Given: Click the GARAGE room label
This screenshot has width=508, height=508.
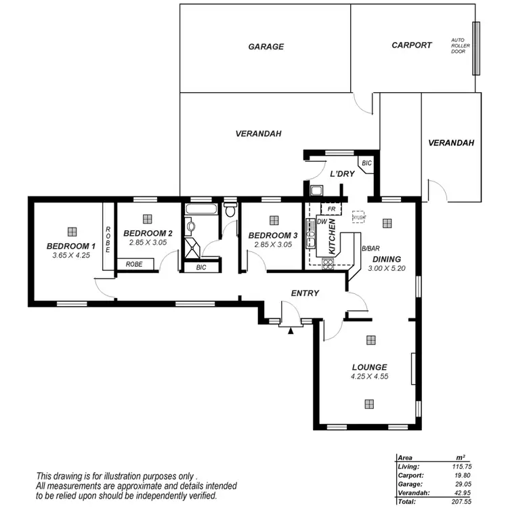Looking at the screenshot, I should point(266,47).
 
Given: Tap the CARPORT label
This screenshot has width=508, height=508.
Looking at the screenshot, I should point(411,45).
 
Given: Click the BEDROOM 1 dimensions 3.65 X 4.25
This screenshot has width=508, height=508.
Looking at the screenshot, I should point(70,255).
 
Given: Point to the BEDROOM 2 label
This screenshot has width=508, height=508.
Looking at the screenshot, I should point(148,233).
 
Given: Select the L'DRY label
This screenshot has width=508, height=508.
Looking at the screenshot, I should point(342,174).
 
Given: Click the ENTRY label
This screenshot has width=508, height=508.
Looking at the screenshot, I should point(305,293).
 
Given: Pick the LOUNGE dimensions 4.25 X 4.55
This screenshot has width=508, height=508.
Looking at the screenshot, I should point(369,376).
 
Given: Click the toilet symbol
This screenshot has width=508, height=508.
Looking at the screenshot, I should point(231,211).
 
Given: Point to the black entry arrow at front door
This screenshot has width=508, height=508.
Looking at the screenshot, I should point(290,331).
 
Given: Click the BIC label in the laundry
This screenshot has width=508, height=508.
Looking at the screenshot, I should point(366,164).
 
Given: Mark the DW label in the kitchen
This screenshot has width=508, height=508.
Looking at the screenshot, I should point(322,221).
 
